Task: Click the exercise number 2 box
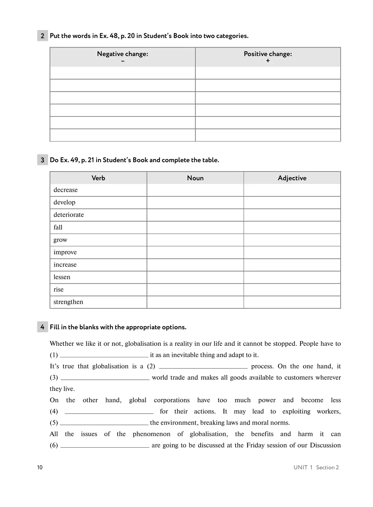[x=43, y=36]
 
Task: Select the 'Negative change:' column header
[x=122, y=54]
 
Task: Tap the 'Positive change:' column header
[x=268, y=54]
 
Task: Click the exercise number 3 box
[x=43, y=160]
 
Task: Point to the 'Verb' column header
[x=98, y=178]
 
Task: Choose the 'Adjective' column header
[x=292, y=178]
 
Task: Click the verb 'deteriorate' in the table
[x=69, y=215]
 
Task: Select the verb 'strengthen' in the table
[x=68, y=302]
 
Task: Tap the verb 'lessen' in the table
[x=62, y=277]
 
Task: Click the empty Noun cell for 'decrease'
[x=195, y=190]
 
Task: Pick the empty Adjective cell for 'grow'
[x=292, y=240]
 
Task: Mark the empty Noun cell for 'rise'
[x=195, y=290]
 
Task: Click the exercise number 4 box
[x=43, y=327]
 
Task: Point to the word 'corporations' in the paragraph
[x=172, y=400]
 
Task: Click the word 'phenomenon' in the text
[x=151, y=434]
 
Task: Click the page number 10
[x=40, y=467]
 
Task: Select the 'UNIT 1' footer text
[x=303, y=467]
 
